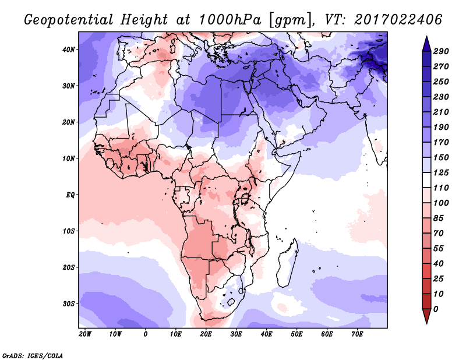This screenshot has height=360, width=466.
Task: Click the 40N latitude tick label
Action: [x=69, y=50]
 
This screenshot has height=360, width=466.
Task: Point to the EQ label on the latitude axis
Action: [x=70, y=195]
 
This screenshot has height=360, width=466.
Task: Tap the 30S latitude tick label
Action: [x=69, y=303]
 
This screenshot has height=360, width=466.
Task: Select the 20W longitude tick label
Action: [x=84, y=334]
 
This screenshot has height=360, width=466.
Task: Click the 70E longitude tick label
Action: [x=357, y=334]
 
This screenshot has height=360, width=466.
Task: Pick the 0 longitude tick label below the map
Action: [x=145, y=334]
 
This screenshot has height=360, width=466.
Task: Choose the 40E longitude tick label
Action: [x=266, y=334]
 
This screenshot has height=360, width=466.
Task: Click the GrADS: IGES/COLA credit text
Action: [x=32, y=355]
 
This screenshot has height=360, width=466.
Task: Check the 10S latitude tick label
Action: [x=69, y=231]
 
